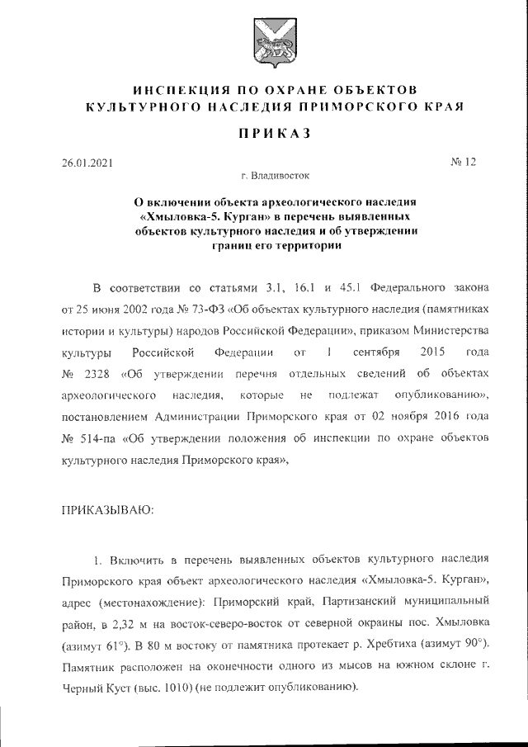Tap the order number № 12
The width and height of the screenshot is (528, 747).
click(464, 162)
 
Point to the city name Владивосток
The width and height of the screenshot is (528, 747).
click(281, 176)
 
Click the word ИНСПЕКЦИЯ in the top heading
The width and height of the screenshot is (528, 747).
click(178, 88)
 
